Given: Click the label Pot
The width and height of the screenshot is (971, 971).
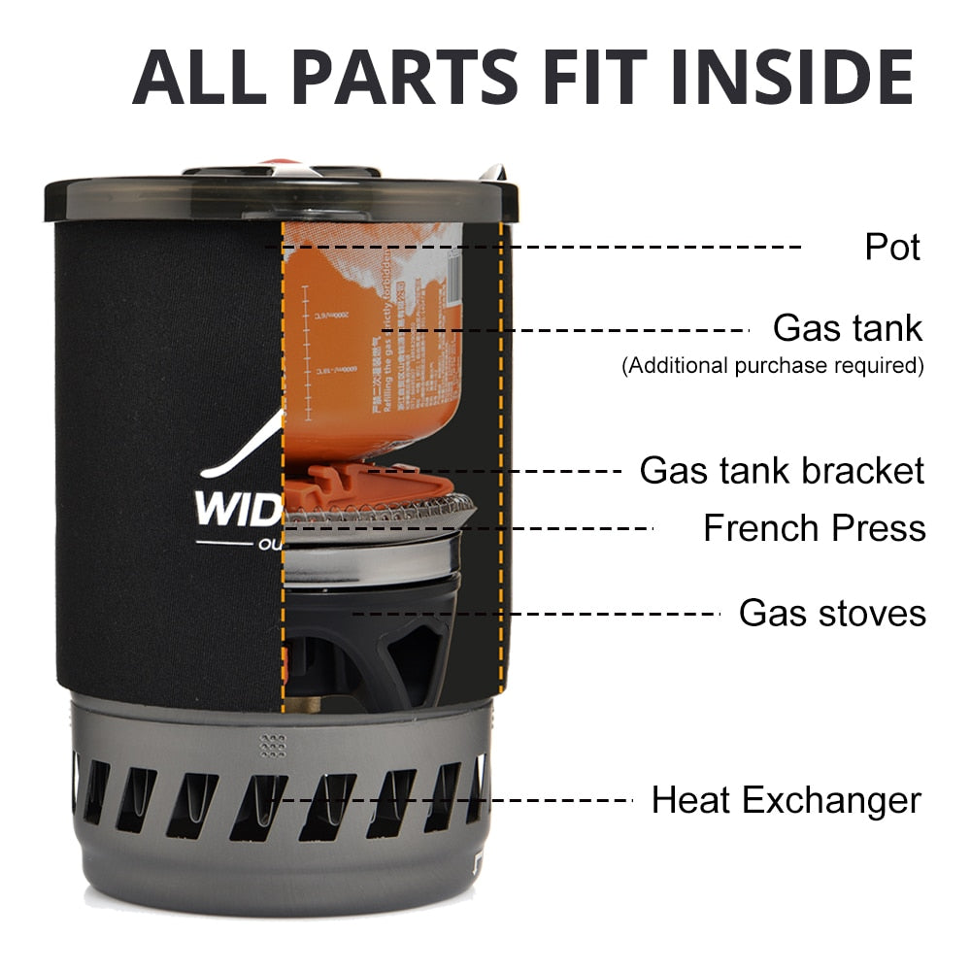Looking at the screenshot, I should (892, 247).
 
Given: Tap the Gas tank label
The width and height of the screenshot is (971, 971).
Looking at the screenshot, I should (847, 328).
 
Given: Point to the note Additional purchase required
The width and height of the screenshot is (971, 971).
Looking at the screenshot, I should (772, 366).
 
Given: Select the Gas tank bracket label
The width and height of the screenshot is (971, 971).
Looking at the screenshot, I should (782, 471).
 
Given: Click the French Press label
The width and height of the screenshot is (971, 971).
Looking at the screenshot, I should (814, 529).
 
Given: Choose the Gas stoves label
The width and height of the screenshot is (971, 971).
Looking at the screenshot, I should (832, 614).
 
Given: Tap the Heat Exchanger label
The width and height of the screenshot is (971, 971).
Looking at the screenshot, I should (786, 801).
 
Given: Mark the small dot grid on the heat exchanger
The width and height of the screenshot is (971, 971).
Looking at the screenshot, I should (273, 745).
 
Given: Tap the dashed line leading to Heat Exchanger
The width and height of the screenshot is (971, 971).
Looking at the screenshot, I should (456, 801).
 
